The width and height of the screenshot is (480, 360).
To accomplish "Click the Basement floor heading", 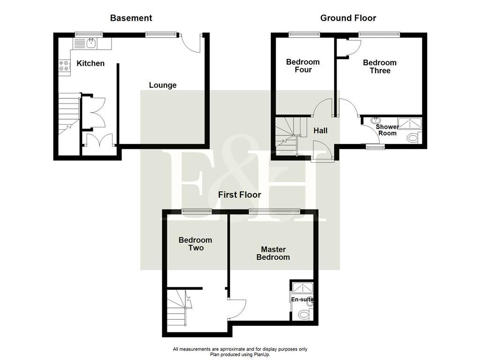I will [x=131, y=18].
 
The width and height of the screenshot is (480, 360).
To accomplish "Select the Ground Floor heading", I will [x=348, y=18].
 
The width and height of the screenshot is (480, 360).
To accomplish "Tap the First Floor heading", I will [x=239, y=195].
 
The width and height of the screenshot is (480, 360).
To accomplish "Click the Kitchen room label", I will [x=90, y=63].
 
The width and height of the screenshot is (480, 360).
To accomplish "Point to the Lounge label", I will [x=163, y=85].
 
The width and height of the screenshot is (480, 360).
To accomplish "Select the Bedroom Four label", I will [x=303, y=66].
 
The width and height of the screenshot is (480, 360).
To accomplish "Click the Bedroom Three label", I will [x=380, y=67].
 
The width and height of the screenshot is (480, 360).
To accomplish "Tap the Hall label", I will [x=321, y=131].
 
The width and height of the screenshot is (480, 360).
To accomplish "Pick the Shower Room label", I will [x=387, y=130].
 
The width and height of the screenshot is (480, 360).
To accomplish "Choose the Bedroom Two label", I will [x=195, y=244].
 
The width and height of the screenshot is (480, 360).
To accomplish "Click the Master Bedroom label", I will [x=273, y=254].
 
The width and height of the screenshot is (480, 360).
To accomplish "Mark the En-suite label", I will [x=302, y=300].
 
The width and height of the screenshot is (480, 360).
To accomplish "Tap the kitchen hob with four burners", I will [x=64, y=66].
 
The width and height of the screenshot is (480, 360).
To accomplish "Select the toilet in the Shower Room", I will [x=413, y=138].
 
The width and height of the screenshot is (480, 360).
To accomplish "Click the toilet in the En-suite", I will [x=304, y=314].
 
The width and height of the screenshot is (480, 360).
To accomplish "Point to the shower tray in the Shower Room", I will [x=409, y=123].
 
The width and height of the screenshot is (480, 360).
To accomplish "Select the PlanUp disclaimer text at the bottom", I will [x=240, y=352].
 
